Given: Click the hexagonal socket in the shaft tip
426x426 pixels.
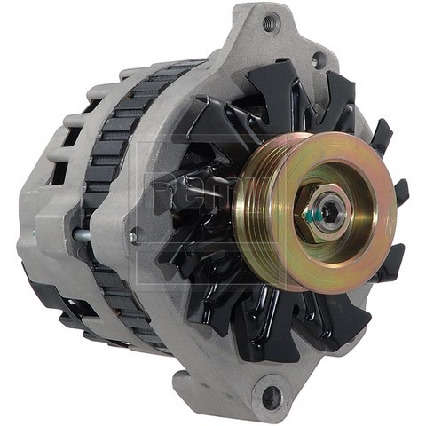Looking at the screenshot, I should coord(330,209).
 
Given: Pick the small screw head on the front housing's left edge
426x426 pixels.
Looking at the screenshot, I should coord(133,237).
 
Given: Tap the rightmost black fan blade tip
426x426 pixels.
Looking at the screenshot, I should coord(402,192).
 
